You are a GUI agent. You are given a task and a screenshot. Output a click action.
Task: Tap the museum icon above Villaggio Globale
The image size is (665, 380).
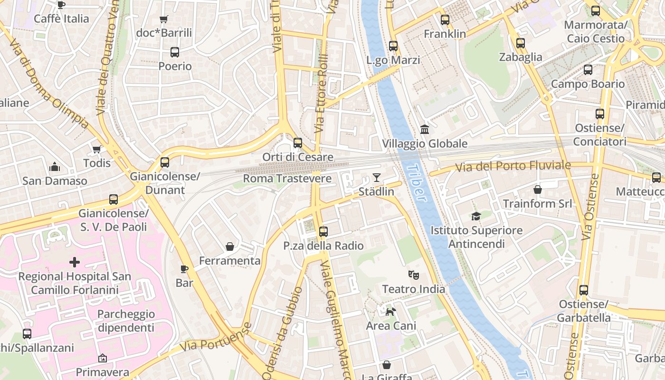(x=425, y=129)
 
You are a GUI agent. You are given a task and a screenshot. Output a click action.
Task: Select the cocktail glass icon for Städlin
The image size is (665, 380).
(x=376, y=178)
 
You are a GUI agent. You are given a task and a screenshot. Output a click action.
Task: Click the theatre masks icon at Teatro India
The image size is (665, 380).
(x=414, y=275)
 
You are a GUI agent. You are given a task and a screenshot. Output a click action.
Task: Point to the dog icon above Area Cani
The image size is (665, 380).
(x=390, y=312)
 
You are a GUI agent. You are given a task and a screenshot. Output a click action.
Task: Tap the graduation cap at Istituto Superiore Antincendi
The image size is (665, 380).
(x=476, y=216)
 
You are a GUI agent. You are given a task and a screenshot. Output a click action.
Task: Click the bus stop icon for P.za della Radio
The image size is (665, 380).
(x=323, y=231)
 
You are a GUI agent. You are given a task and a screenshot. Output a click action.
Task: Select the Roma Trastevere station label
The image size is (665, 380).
(x=287, y=179)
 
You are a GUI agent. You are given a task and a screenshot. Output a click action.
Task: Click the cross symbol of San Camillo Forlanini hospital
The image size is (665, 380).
(x=75, y=262)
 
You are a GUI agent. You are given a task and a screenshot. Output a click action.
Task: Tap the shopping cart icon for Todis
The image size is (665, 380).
(x=97, y=149)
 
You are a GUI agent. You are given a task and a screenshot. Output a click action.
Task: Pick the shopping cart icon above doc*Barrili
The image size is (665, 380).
(x=164, y=19)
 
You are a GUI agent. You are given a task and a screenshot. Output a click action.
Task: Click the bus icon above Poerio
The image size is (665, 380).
(x=175, y=52)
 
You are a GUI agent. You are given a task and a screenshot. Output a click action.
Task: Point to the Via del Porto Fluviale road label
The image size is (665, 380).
(x=513, y=166)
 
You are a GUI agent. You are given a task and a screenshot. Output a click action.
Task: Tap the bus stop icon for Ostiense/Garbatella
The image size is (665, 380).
(x=584, y=290)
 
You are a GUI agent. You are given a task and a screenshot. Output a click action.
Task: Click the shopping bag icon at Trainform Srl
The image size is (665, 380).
(x=538, y=190)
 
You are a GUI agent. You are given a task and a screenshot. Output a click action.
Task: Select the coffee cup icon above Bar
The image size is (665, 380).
(x=184, y=269)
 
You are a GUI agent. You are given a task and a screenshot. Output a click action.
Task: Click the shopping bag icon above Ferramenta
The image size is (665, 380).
(x=230, y=247)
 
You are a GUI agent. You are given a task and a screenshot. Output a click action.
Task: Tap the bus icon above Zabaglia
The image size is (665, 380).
(x=521, y=43)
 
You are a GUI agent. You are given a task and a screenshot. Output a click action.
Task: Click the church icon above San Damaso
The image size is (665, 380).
(x=55, y=167)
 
